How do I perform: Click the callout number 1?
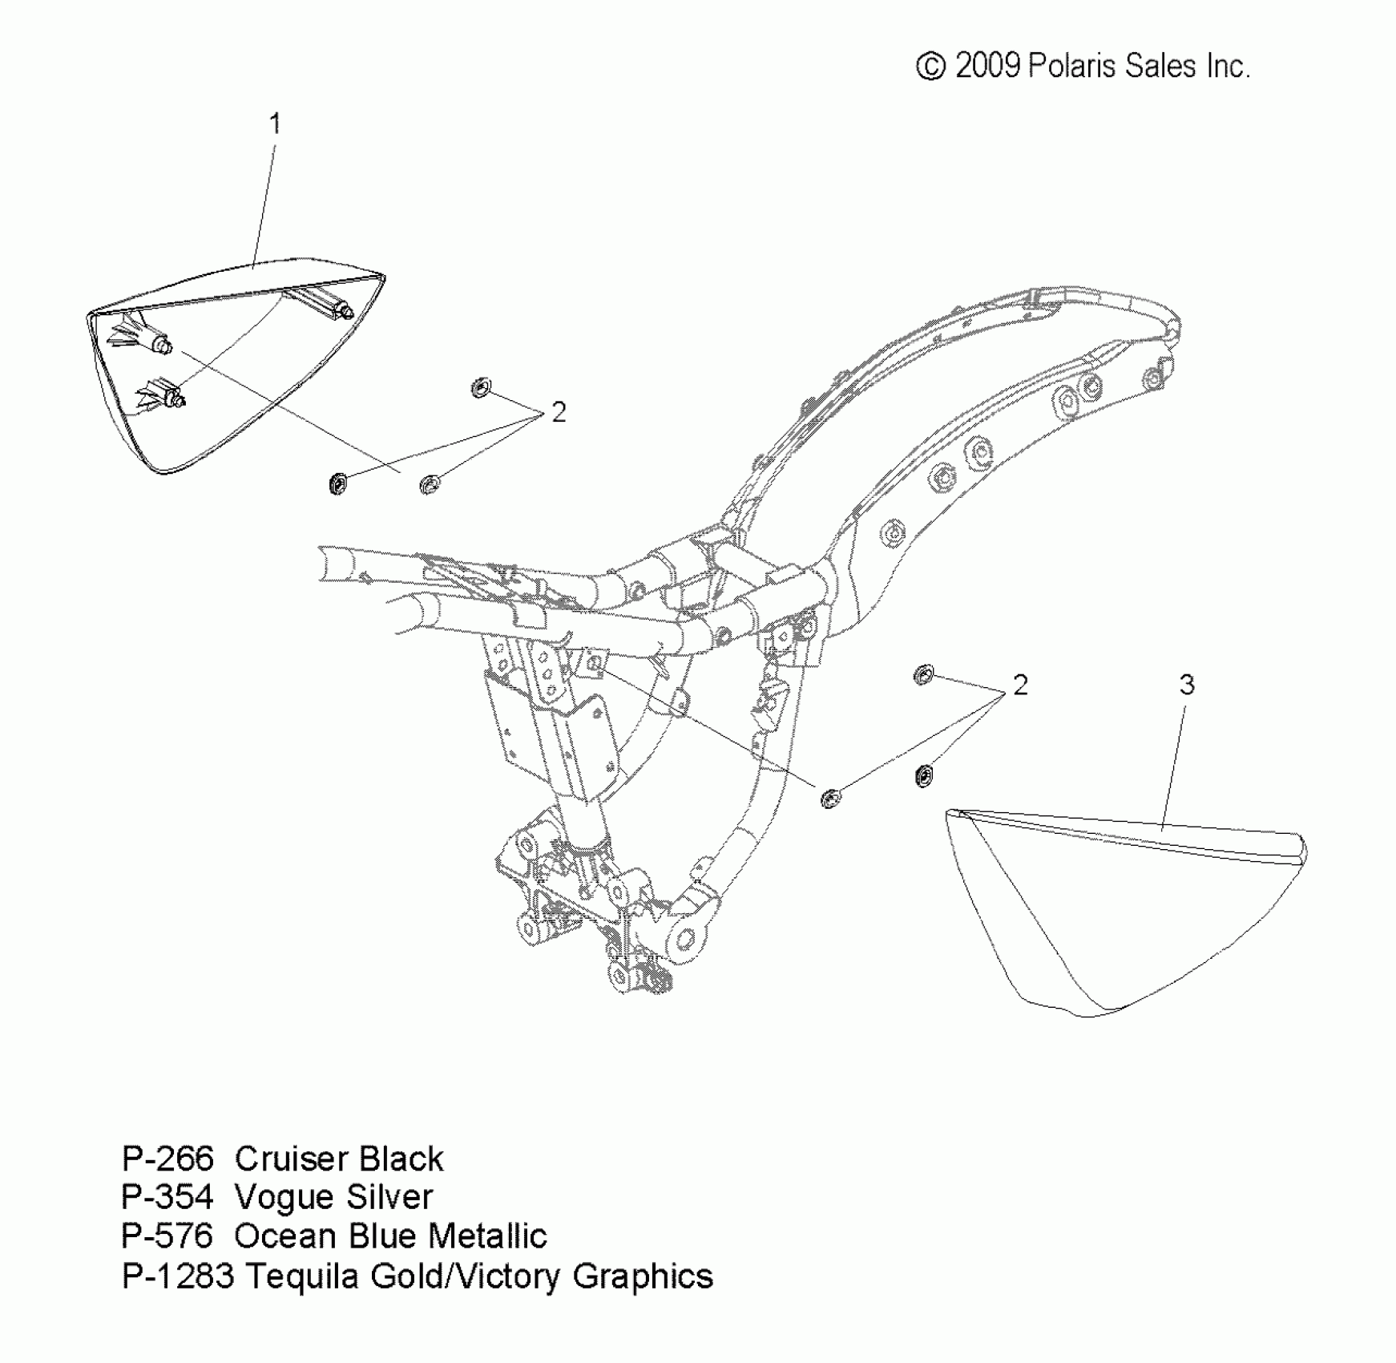(x=275, y=124)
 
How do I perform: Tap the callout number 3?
(x=1187, y=685)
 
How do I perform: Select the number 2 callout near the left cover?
(x=558, y=412)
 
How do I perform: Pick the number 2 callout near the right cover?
(x=1019, y=685)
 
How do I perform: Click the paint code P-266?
(x=167, y=1159)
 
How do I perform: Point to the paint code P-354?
(x=167, y=1197)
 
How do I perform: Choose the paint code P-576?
(x=167, y=1236)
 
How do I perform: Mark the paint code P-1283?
(x=177, y=1276)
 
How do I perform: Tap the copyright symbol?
(x=930, y=67)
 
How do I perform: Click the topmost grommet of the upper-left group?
(x=481, y=389)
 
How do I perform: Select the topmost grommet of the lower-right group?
(x=923, y=675)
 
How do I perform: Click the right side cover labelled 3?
(x=1122, y=914)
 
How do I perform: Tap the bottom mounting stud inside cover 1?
(x=177, y=397)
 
